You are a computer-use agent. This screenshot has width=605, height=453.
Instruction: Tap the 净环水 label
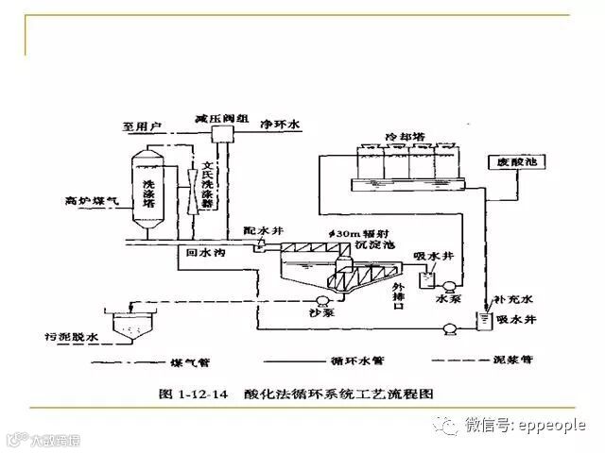[280, 123]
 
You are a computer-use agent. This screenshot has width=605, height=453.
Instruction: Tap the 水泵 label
[446, 300]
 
